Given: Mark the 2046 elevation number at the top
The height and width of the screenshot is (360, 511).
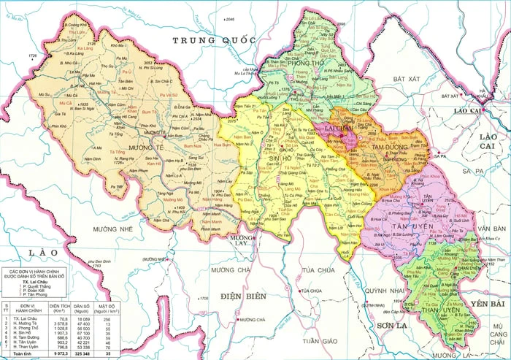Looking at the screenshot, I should click(x=231, y=19).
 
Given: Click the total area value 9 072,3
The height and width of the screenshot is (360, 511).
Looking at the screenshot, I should click(x=59, y=354).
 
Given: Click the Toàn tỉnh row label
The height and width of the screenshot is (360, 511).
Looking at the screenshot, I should click(x=20, y=354).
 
